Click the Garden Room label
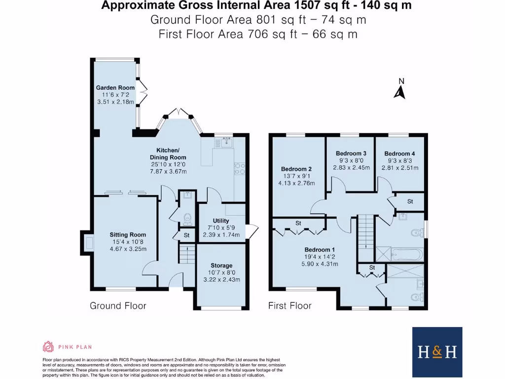[115, 88]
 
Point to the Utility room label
[221, 221]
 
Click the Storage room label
[221, 265]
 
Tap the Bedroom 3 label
[350, 153]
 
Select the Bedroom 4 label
[399, 153]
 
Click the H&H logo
[437, 351]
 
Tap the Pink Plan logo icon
[48, 346]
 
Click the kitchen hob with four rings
[240, 169]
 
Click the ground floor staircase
[186, 256]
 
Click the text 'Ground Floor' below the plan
[118, 306]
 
